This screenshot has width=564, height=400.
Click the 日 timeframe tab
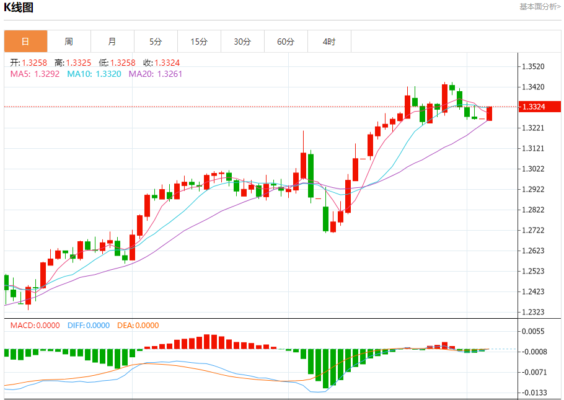(25, 42)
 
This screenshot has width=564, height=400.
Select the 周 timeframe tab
(69, 42)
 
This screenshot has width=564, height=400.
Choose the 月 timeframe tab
(112, 42)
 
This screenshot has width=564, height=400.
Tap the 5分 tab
(156, 42)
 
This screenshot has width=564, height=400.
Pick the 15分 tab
(199, 42)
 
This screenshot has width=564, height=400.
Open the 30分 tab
(242, 42)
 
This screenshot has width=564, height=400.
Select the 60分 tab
(286, 42)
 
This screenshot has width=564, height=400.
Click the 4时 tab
(329, 42)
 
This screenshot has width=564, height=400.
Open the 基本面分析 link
(540, 6)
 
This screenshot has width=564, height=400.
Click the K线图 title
(19, 7)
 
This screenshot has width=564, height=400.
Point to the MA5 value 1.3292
(47, 74)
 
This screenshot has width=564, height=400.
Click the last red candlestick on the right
(490, 113)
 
